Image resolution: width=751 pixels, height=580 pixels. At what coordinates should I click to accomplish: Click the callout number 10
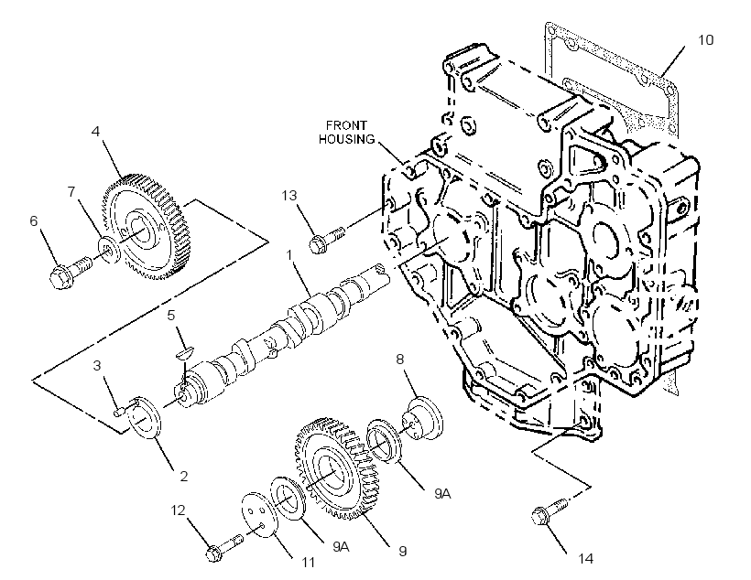click(705, 39)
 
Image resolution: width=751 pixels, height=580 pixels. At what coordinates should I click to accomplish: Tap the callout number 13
click(289, 195)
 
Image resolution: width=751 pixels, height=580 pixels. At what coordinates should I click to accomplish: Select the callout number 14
click(586, 558)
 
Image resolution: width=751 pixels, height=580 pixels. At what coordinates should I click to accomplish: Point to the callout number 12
click(178, 510)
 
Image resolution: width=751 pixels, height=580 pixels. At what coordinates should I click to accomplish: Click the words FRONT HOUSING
click(347, 133)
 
